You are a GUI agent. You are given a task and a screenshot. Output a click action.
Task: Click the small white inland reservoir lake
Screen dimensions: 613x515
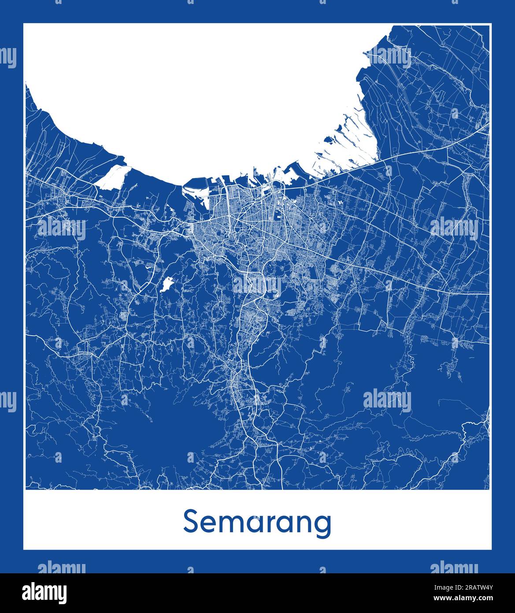pos(167,284)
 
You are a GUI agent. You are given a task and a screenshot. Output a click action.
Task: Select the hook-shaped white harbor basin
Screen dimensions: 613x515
pos(196,190)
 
